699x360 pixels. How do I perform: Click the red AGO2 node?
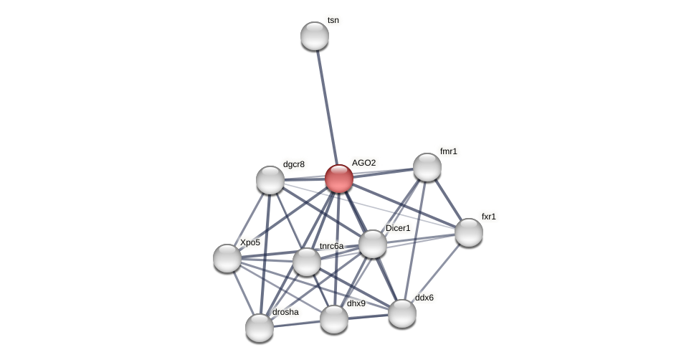[339, 179]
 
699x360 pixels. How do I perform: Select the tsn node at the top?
[315, 36]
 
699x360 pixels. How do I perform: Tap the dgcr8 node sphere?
[270, 180]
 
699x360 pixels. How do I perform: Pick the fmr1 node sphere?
[427, 167]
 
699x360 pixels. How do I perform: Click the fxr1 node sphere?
[469, 232]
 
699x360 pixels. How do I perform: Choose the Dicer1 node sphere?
[373, 244]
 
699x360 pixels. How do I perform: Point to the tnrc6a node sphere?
[307, 262]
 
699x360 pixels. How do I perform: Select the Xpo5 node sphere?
[227, 258]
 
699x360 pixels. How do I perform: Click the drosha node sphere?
[260, 328]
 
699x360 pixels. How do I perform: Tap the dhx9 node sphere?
[334, 319]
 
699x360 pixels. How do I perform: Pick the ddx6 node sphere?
[402, 313]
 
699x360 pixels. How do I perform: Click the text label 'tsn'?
[333, 20]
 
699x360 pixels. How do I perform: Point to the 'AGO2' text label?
[363, 163]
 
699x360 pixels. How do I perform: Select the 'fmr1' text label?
[448, 151]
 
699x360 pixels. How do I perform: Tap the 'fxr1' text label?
[488, 216]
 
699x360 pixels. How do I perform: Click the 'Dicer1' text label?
[398, 228]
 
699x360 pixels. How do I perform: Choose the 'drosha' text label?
[285, 312]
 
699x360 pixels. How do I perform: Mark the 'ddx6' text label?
[424, 298]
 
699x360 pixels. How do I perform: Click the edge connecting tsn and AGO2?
[327, 108]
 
